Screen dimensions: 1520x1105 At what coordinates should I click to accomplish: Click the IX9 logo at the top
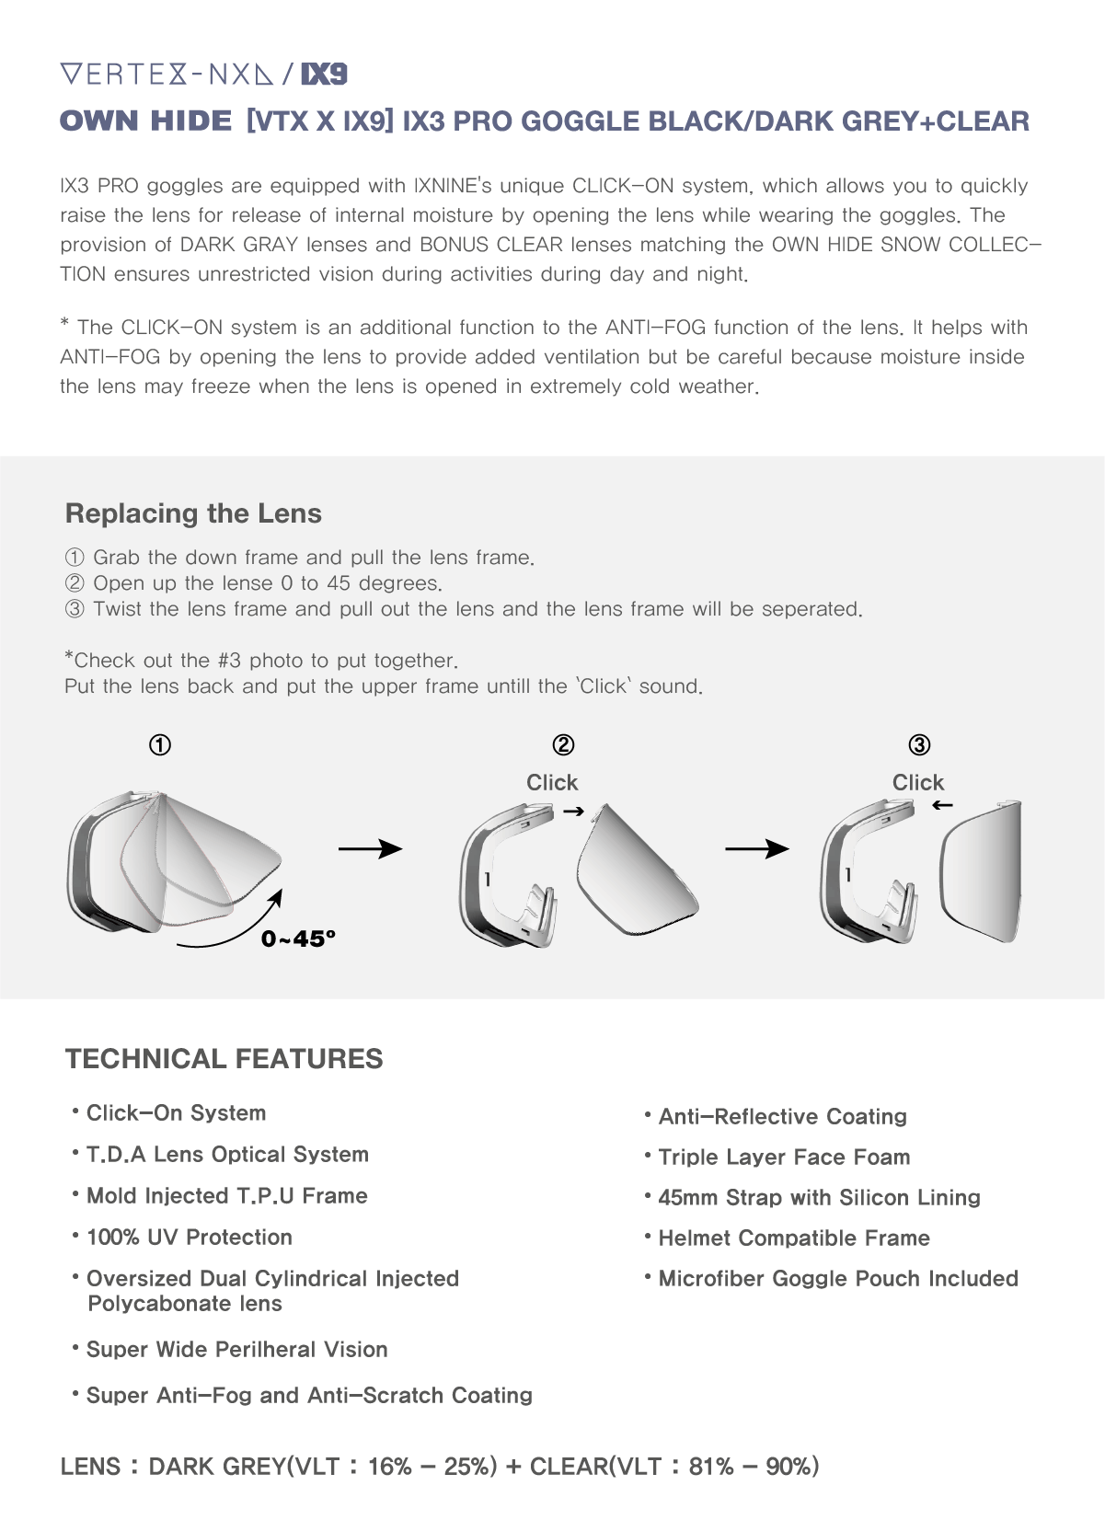(325, 75)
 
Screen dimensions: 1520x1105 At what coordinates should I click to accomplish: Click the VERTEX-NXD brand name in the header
(167, 75)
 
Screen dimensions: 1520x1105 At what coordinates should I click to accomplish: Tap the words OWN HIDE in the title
(145, 121)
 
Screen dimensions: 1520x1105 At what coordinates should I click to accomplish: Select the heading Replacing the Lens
(193, 513)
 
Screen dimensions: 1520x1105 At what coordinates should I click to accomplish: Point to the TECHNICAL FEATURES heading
(224, 1059)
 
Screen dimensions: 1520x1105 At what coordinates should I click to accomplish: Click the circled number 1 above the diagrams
(160, 744)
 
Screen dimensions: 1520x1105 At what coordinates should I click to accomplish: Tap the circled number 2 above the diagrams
(563, 744)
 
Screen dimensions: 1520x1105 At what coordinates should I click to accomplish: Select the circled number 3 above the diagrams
(919, 744)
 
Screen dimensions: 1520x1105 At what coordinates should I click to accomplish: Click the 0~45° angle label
(298, 938)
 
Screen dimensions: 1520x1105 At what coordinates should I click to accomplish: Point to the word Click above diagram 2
(552, 782)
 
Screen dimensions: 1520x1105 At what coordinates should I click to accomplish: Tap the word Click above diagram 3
(918, 782)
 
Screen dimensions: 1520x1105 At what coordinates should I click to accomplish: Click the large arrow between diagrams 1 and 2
(370, 848)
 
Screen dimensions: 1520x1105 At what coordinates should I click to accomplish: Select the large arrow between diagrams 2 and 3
(756, 848)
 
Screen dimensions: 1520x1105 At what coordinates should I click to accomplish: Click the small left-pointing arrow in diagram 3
(942, 806)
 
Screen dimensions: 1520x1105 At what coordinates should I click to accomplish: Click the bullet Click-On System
(176, 1113)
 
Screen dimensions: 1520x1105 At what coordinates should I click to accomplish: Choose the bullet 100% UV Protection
(189, 1238)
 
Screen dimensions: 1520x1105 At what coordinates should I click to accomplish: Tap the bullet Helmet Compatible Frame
(793, 1238)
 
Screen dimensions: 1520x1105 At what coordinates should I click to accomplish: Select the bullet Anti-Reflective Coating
(782, 1117)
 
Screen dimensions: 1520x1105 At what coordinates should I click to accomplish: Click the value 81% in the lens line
(711, 1467)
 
